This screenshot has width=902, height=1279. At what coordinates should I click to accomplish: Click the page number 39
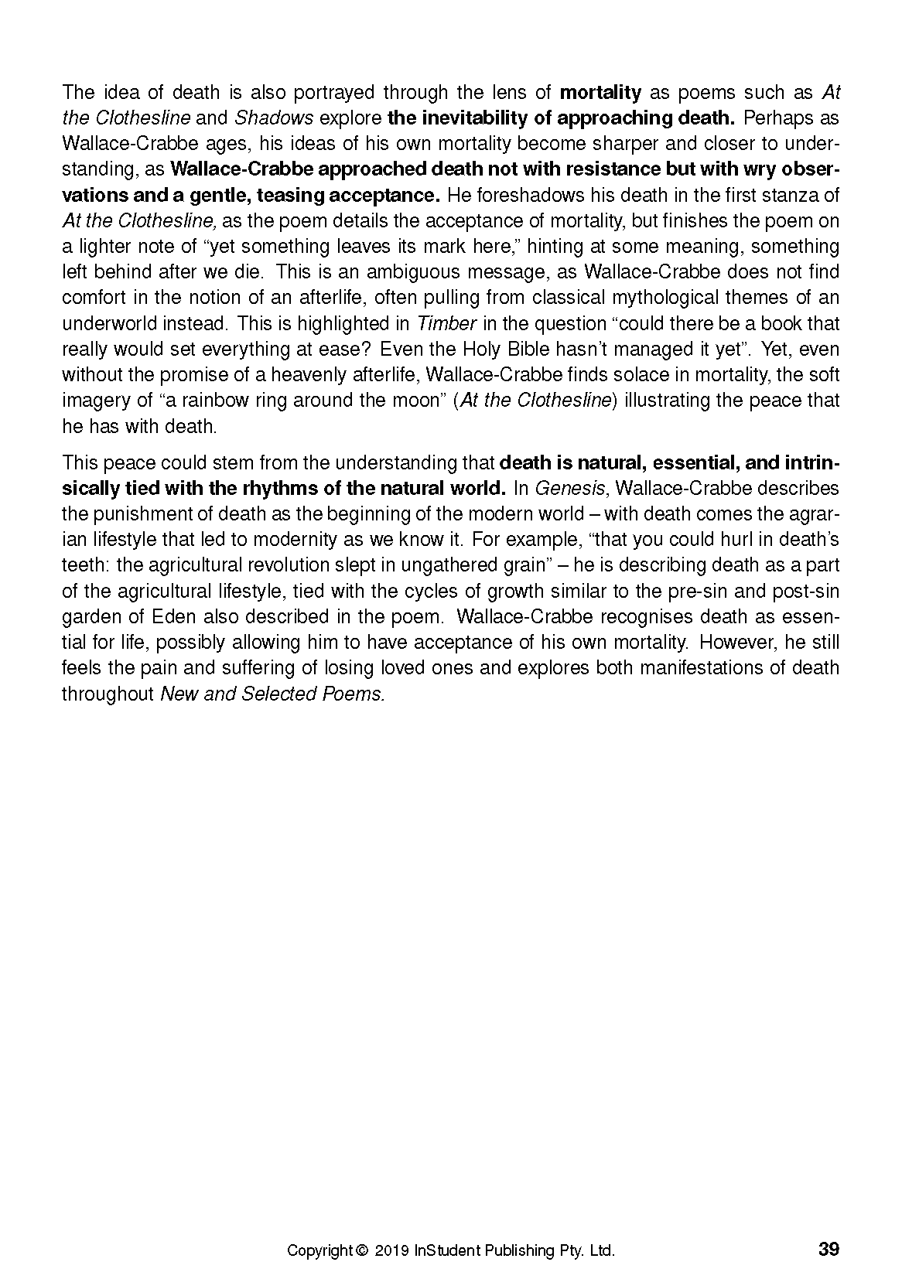[x=828, y=1249]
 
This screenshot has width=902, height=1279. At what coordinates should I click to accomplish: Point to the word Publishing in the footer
[x=518, y=1250]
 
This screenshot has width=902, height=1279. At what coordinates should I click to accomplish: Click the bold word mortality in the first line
[x=600, y=93]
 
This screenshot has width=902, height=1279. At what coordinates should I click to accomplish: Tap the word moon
[x=417, y=401]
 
